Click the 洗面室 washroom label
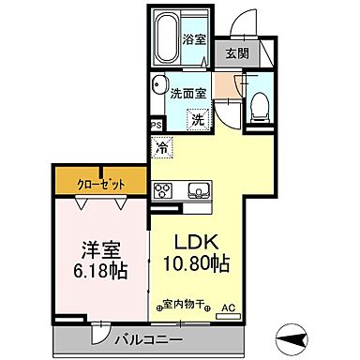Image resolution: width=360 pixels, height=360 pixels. pyautogui.click(x=187, y=91)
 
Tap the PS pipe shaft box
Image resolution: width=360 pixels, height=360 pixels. pyautogui.click(x=156, y=123)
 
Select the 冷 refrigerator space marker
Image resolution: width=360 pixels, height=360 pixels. pyautogui.click(x=162, y=147)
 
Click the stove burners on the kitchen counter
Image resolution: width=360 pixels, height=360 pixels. pyautogui.click(x=162, y=190)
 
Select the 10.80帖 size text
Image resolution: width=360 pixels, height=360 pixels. pyautogui.click(x=196, y=263)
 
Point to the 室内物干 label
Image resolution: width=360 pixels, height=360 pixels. pyautogui.click(x=184, y=304)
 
